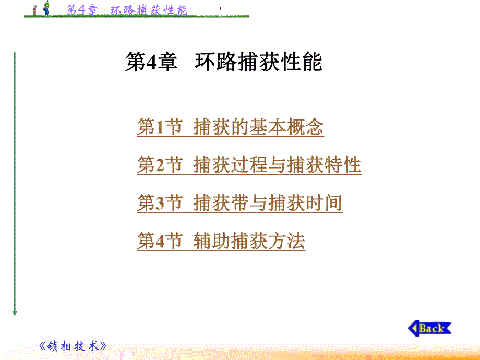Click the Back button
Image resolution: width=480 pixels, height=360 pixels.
click(429, 328)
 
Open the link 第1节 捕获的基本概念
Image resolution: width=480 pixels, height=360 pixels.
click(230, 127)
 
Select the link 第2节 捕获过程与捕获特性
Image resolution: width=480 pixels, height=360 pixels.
click(249, 165)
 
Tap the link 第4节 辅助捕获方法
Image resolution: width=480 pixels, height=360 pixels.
click(221, 242)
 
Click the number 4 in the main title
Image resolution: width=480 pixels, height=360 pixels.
click(151, 64)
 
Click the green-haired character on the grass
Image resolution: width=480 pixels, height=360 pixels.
click(46, 8)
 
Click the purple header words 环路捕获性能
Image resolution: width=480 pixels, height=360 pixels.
click(149, 9)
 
